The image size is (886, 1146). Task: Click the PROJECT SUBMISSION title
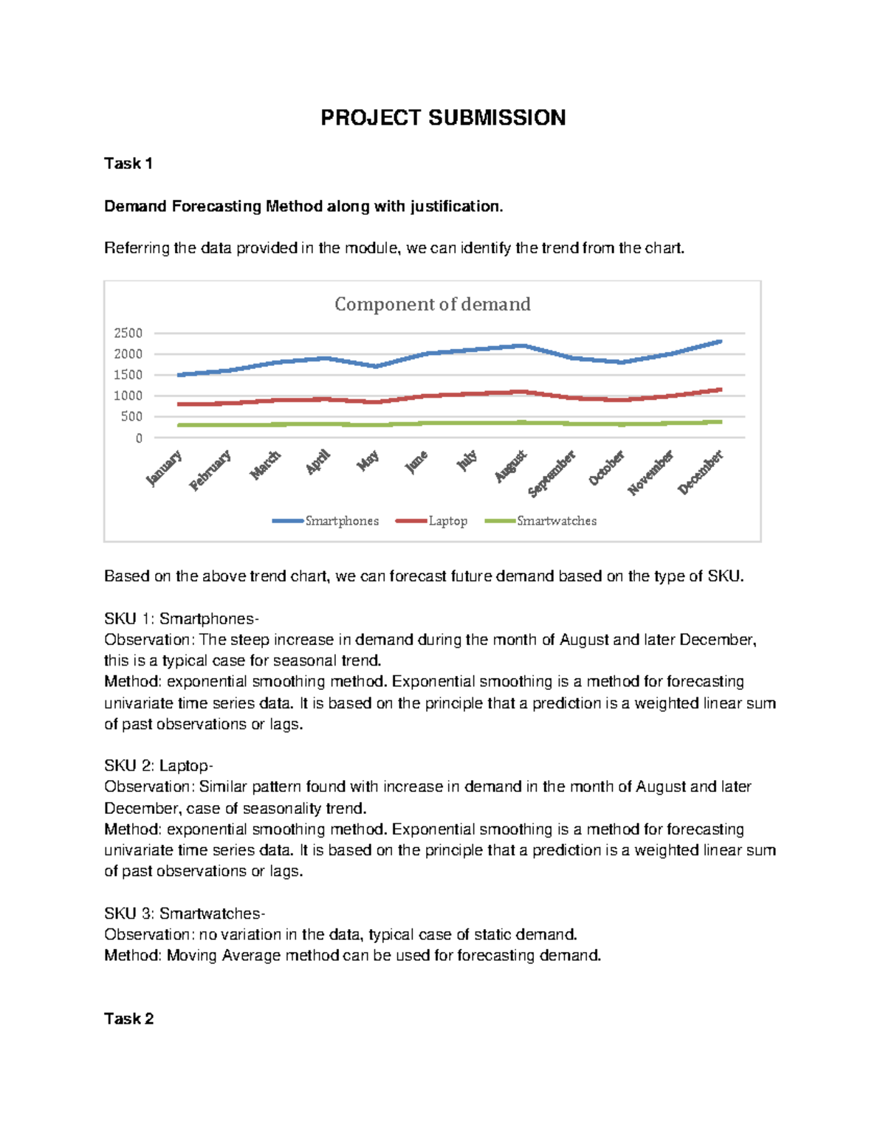pyautogui.click(x=443, y=118)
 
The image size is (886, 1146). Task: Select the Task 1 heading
pyautogui.click(x=128, y=164)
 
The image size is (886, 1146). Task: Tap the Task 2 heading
pyautogui.click(x=128, y=1019)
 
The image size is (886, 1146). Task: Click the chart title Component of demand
pyautogui.click(x=433, y=304)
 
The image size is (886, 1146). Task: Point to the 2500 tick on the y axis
pyautogui.click(x=128, y=333)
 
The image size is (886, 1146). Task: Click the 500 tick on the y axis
pyautogui.click(x=132, y=417)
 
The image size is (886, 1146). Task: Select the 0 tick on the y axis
pyautogui.click(x=139, y=438)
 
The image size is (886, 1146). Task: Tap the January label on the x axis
pyautogui.click(x=164, y=469)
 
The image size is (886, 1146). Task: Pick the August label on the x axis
pyautogui.click(x=511, y=466)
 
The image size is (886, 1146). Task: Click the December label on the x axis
pyautogui.click(x=701, y=472)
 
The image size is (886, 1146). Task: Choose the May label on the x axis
pyautogui.click(x=368, y=460)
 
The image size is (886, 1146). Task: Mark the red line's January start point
pyautogui.click(x=179, y=404)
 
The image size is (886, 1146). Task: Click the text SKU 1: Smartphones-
pyautogui.click(x=181, y=618)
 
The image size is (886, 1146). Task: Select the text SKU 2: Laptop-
pyautogui.click(x=158, y=766)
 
